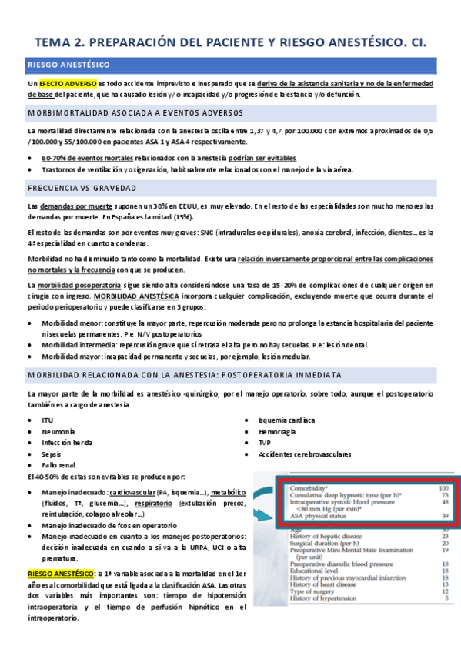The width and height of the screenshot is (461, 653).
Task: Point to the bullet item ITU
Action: tap(48, 420)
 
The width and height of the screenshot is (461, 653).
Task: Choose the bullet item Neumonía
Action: tap(58, 432)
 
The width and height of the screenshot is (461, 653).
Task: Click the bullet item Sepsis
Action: tap(52, 454)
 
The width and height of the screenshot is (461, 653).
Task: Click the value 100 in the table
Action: tap(443, 489)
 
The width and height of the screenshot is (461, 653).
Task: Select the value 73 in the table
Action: tap(444, 497)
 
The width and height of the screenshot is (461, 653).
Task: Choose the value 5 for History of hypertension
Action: tap(446, 597)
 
